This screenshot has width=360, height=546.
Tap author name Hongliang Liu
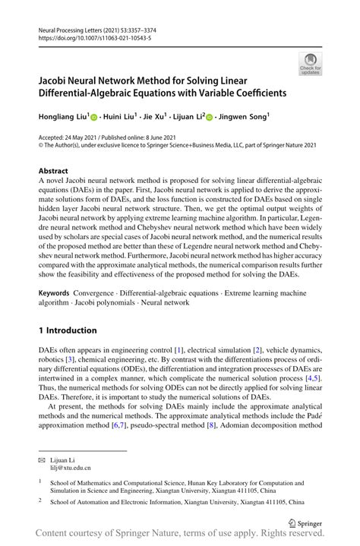[63, 117]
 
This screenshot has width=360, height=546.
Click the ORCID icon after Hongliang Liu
[94, 118]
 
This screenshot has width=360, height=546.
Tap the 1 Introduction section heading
[68, 330]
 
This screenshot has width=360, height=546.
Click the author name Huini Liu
[122, 117]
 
